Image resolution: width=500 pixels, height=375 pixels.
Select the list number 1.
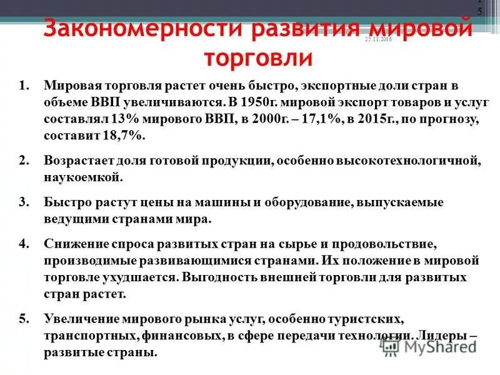pos(24,84)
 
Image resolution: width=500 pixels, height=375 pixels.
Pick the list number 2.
pos(24,161)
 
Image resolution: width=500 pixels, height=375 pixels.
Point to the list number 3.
pos(24,202)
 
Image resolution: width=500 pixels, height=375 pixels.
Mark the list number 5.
pos(24,318)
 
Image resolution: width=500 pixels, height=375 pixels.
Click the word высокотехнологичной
pos(403,161)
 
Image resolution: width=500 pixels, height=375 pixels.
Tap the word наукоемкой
pos(81,177)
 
